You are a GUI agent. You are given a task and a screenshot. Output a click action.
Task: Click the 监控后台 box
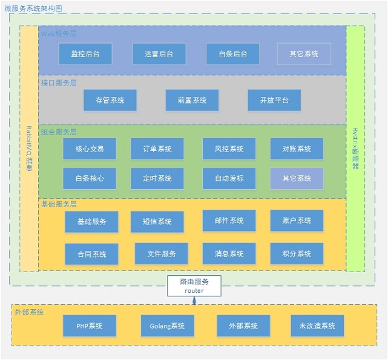pos(85,54)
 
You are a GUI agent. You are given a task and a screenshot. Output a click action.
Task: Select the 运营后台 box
pos(159,54)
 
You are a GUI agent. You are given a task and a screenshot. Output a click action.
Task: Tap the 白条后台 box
pos(233,54)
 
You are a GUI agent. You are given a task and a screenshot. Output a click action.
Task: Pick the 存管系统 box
pos(110,100)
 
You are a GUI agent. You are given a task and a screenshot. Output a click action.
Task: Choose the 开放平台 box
pos(274,100)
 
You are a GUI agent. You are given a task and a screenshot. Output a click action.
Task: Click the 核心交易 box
pos(90,148)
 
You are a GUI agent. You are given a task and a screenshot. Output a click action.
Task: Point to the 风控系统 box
pos(229,148)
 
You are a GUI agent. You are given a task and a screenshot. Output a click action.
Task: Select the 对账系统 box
pos(297,148)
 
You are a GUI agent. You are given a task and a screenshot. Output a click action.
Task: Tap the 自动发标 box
pos(229,178)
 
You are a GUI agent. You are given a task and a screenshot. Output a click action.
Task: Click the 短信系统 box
pos(157,222)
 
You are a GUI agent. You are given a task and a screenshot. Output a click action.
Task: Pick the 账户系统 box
pos(297,221)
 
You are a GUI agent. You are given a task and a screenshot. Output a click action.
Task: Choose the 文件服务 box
pos(162,253)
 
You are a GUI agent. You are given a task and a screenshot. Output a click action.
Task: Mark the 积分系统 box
pos(297,253)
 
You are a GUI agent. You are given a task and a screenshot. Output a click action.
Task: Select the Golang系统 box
pos(167,326)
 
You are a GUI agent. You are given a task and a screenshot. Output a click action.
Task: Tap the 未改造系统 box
pos(317,326)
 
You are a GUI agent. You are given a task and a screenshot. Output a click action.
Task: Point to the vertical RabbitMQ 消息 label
pos(29,148)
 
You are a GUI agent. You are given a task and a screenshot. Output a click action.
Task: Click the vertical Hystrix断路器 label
pos(355,148)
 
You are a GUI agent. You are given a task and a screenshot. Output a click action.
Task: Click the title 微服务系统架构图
pos(33,9)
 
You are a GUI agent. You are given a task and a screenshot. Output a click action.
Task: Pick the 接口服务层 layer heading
pos(59,82)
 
